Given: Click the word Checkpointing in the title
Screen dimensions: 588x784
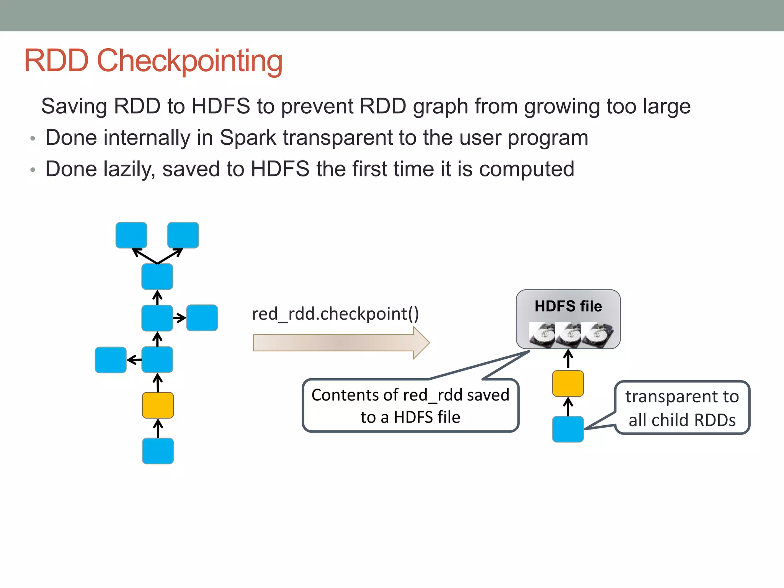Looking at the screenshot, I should coord(189,61).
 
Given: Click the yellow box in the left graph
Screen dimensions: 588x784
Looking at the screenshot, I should coord(158,405).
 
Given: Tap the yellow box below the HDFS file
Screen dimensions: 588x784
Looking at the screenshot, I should coord(568,383).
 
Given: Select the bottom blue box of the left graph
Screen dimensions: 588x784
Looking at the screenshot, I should coord(158,451).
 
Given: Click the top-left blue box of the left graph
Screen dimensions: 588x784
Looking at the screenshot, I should coord(131,235).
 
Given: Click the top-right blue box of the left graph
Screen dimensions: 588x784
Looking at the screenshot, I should coord(183,235).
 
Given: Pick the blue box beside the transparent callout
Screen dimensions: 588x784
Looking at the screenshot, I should coord(568,429).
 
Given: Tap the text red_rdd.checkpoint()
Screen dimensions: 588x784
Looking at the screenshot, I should coord(335,314).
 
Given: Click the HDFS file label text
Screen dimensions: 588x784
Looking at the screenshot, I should coord(568,306).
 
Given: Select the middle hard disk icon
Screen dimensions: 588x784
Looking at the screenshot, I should coord(568,335).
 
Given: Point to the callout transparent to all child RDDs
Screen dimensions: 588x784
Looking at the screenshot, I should coord(682,408).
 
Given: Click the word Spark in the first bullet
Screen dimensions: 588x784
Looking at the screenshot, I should coord(248,138).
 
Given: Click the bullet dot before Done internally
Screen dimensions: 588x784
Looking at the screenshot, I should coord(33,139).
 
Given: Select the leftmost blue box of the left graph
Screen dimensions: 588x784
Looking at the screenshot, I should coord(111,360).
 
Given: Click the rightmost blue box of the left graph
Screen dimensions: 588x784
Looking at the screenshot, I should coord(202,318).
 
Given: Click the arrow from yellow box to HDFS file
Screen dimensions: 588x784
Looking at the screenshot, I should coord(568,359).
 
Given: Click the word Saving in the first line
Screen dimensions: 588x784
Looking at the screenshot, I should coord(74,106).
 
